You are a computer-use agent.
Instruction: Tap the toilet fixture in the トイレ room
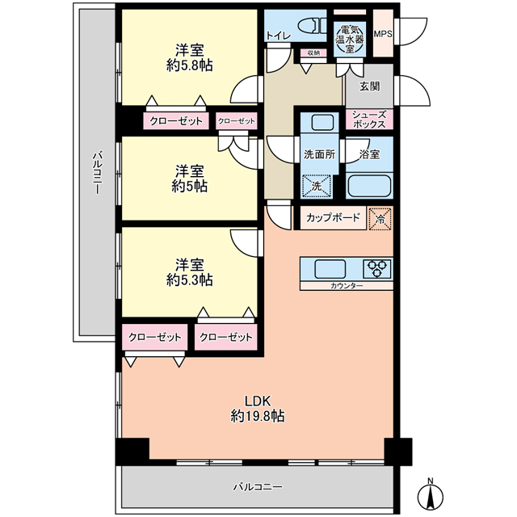pos(312,26)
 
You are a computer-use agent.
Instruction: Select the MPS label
pos(383,34)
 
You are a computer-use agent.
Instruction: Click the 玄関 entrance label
pos(369,86)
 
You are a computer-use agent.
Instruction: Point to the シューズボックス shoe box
pos(369,120)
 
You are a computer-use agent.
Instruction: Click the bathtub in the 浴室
pos(370,186)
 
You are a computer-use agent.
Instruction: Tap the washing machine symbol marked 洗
pos(317,186)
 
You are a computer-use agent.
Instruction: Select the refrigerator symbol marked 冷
pos(380,218)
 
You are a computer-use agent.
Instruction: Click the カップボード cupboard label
pos(333,217)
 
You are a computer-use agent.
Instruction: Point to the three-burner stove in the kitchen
pos(377,268)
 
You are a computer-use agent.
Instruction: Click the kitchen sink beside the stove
pos(330,269)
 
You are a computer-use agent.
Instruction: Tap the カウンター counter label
pos(347,286)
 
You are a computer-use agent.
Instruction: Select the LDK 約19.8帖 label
pos(258,409)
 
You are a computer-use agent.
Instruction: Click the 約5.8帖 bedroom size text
pos(190,66)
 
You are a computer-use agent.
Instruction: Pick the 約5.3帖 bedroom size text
pos(190,280)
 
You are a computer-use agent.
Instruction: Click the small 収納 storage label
pos(313,53)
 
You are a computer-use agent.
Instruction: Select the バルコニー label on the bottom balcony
pos(258,486)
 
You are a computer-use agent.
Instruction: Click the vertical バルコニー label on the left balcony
pos(97,172)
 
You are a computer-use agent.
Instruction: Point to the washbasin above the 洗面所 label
pos(323,123)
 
